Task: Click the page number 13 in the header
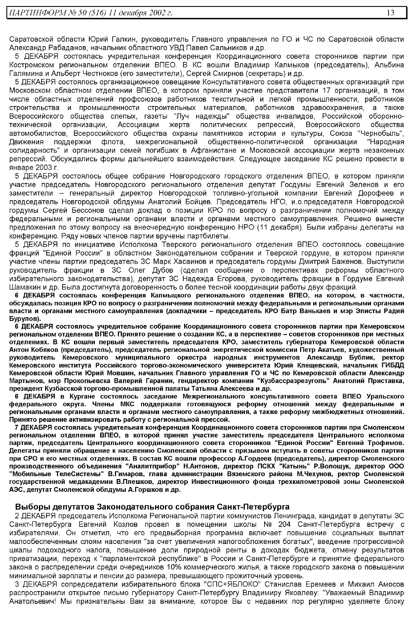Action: (x=390, y=13)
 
